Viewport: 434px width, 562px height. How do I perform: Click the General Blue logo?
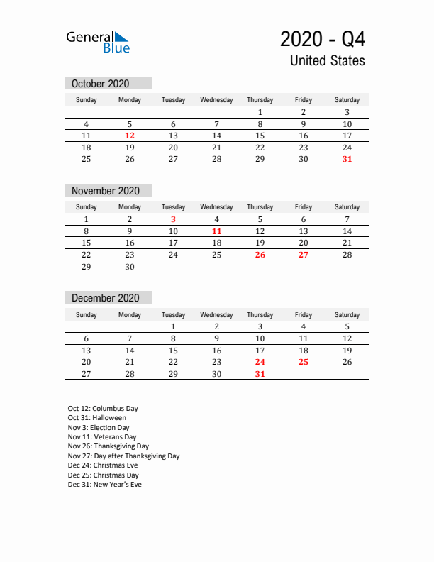click(98, 42)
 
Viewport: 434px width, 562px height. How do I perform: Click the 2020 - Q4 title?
click(323, 38)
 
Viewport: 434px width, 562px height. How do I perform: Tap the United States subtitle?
click(327, 61)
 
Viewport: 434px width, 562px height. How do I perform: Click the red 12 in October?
click(130, 136)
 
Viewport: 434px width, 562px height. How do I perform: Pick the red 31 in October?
click(347, 159)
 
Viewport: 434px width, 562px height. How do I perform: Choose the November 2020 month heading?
click(106, 191)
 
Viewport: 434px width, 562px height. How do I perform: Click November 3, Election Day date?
click(173, 220)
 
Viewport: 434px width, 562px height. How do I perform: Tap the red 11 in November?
click(217, 231)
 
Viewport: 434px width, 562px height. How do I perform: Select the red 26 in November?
click(260, 255)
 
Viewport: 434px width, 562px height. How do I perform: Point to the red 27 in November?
click(304, 255)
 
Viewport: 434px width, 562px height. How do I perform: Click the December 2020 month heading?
click(105, 298)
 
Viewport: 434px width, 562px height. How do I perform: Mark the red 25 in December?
click(304, 363)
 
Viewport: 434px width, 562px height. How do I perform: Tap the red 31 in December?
click(260, 374)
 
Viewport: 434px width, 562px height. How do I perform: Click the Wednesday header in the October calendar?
click(216, 100)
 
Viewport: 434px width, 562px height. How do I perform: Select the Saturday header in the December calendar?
click(347, 314)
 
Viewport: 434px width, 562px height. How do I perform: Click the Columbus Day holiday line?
click(103, 409)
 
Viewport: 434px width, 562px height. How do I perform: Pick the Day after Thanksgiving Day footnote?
click(123, 456)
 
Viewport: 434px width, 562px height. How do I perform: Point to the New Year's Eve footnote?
click(104, 485)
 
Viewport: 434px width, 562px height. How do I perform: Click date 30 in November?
click(130, 266)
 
